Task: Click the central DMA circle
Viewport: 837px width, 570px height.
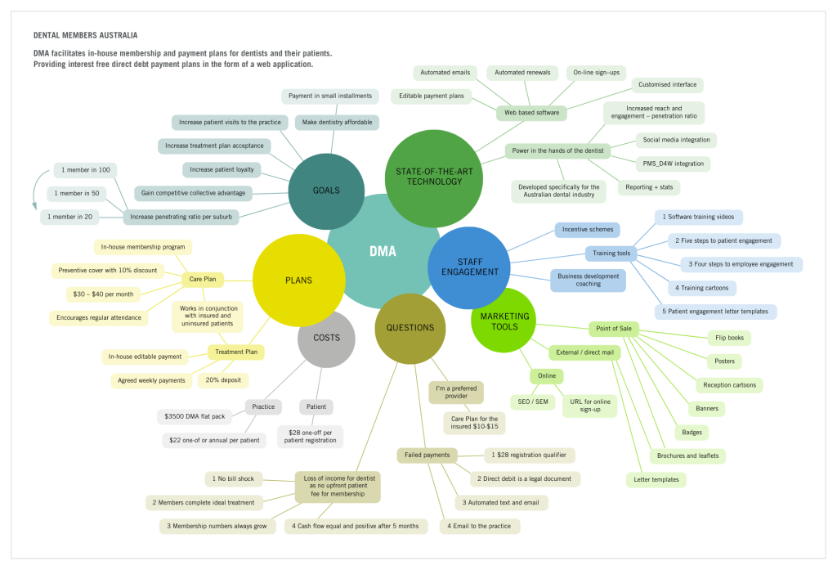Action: [382, 251]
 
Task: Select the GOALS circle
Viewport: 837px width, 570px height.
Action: [326, 191]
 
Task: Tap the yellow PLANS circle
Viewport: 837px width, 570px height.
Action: [298, 281]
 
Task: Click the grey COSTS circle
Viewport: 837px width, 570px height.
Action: [326, 337]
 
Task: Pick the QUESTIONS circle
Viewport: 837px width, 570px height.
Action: [410, 328]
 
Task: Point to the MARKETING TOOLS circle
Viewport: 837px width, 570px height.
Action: [504, 321]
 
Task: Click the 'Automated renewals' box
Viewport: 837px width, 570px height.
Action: [522, 73]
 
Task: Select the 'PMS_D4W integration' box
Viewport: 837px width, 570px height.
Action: [673, 164]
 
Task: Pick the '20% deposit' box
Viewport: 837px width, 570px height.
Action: [223, 379]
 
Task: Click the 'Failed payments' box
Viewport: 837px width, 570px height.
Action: [427, 455]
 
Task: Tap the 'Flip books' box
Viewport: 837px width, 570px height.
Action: [728, 338]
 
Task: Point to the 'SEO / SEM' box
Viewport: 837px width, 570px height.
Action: [531, 402]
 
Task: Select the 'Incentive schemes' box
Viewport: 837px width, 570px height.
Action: [587, 230]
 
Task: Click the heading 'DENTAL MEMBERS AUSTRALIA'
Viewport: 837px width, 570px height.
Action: [85, 36]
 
